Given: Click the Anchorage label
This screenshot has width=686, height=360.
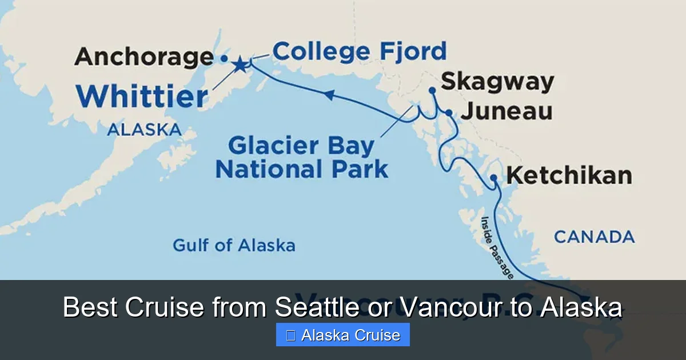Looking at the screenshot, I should point(143,57).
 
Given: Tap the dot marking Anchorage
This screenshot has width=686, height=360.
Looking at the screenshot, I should point(224,58).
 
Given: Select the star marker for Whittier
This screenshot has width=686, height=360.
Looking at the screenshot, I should point(240,65).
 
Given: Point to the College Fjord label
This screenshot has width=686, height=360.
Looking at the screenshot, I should point(359,51).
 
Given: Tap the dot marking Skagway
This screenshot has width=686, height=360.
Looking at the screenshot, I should point(432,90).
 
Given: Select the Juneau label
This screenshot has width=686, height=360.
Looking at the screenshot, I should point(506,111).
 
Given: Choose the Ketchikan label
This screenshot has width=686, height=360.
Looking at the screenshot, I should point(569,175).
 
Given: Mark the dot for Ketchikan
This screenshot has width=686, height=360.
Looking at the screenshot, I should point(493,178).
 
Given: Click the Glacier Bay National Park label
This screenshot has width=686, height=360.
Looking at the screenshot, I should point(301,158).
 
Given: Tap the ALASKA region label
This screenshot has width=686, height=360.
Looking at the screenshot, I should point(144,130).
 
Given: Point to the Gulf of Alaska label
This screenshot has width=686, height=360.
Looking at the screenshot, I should point(234,246).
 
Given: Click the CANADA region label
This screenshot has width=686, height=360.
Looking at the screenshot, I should point(594,237).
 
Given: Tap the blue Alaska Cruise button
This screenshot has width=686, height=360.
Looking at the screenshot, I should point(343,335).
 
